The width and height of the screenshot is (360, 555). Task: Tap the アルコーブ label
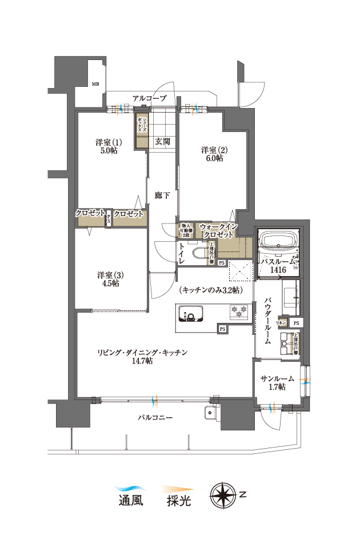[149, 99]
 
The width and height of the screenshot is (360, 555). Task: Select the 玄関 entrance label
[162, 141]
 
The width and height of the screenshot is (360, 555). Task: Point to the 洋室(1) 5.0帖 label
[109, 147]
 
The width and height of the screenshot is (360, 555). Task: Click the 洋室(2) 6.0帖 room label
[214, 154]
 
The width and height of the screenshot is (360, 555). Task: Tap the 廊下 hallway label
[162, 196]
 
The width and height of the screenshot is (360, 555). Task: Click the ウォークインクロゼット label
[217, 231]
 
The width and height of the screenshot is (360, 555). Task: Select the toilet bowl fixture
[199, 254]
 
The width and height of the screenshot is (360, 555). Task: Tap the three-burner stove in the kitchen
[239, 311]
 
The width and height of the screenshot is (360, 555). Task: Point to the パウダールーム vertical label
[267, 320]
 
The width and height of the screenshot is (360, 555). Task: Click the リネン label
[282, 323]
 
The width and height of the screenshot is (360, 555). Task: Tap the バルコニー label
[155, 417]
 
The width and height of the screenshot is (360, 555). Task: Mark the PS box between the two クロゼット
[109, 218]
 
